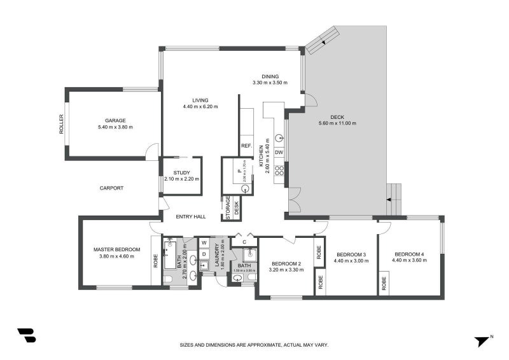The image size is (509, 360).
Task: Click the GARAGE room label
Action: coord(115,120)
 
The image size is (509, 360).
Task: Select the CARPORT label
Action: coord(111,188)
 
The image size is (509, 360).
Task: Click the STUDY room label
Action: coord(181,172)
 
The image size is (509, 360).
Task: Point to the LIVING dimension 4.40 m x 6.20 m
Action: coord(200,106)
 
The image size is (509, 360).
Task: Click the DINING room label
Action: coord(270,76)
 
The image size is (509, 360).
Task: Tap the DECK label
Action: coord(337,116)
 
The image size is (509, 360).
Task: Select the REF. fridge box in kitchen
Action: coord(247,146)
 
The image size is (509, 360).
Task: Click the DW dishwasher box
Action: coord(279,152)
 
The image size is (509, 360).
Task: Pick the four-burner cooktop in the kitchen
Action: coord(279,170)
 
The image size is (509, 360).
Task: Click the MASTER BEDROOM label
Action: coord(116,250)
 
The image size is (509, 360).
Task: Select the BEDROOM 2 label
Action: coord(286,263)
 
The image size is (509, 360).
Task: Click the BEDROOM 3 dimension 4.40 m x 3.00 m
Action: coord(352,260)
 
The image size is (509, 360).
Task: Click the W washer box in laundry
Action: coord(204,242)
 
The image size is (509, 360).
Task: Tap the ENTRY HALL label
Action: coord(192,217)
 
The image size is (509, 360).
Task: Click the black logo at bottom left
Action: coord(26,336)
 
